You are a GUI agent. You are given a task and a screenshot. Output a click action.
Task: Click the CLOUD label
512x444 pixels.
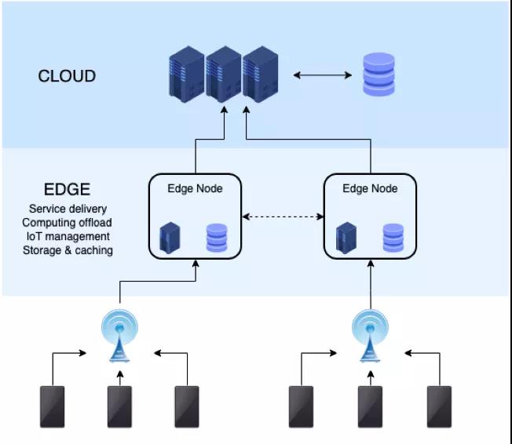point(67,76)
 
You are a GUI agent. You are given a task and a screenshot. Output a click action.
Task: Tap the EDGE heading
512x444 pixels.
point(67,190)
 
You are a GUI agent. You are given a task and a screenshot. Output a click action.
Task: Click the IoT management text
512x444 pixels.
point(68,236)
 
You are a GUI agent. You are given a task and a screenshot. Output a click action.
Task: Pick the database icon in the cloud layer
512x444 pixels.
point(379,75)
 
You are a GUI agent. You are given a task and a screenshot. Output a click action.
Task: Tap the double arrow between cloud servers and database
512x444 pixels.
point(323,75)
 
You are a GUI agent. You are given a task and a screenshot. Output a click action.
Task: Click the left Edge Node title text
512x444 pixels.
point(195,188)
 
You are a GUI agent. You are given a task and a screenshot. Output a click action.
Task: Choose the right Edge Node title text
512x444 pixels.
point(370,188)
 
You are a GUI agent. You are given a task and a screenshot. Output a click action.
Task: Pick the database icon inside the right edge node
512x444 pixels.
point(393,238)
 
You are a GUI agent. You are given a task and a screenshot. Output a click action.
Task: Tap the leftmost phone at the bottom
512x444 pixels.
point(53,406)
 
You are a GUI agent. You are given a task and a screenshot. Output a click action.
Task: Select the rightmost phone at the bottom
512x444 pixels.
point(439,406)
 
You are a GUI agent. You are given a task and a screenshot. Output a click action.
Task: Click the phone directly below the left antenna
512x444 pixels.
point(120,406)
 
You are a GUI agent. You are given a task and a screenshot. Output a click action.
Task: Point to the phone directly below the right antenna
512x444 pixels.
point(370,406)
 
